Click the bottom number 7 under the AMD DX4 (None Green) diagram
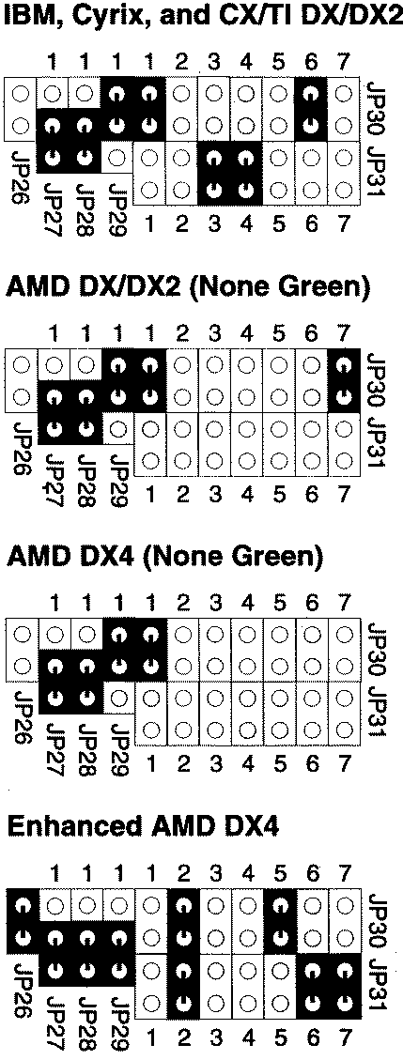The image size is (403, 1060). (344, 763)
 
